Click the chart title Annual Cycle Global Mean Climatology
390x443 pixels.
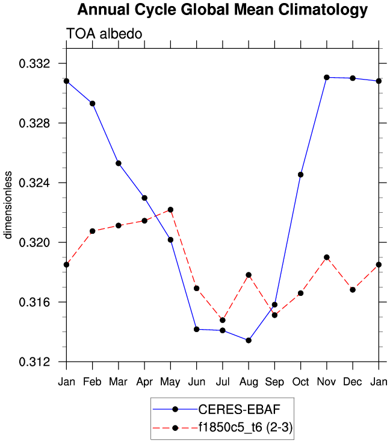[x=222, y=10]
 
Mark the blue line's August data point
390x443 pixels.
[x=249, y=341]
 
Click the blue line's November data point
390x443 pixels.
[x=327, y=77]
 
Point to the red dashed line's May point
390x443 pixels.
[x=170, y=210]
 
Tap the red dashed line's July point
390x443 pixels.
[x=223, y=320]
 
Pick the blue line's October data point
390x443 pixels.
[x=300, y=175]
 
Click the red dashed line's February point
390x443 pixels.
[x=92, y=231]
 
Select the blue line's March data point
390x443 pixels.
[x=119, y=163]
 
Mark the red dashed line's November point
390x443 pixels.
[x=327, y=257]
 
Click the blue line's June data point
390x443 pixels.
[x=196, y=329]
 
